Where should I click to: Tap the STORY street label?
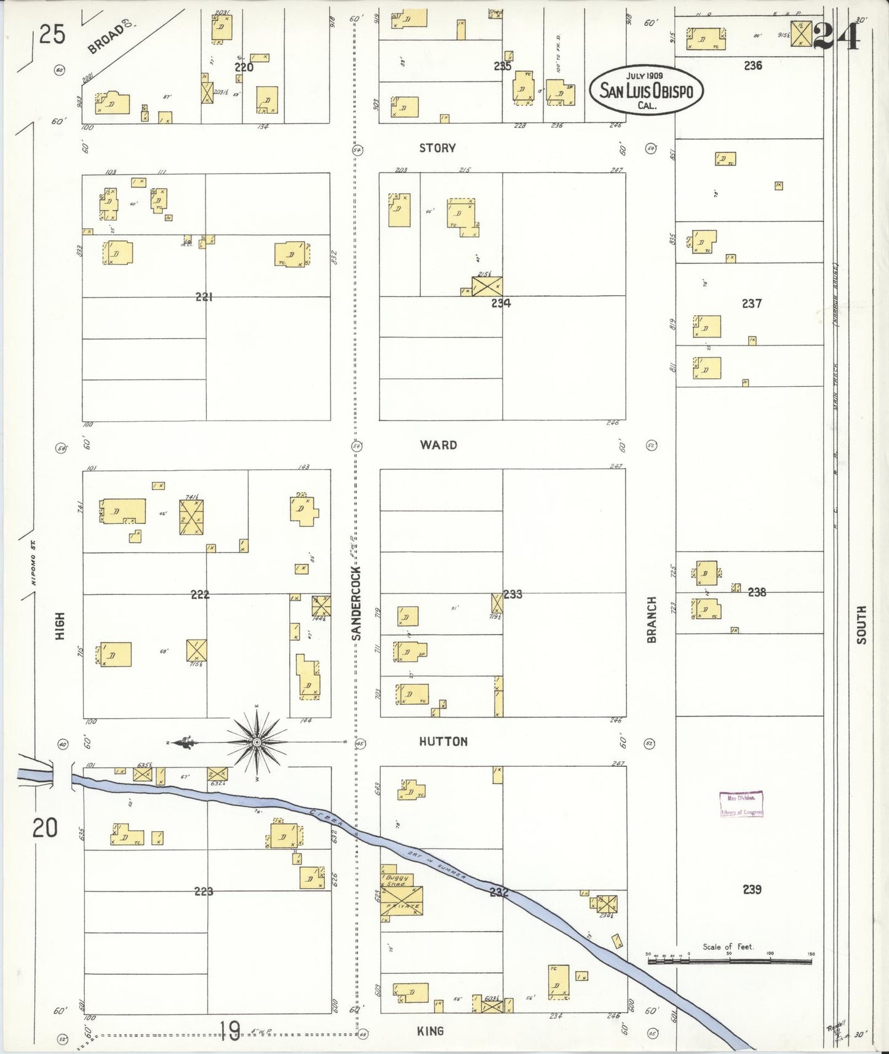[x=437, y=148]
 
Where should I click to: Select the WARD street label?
[x=438, y=445]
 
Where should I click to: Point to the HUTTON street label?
[x=443, y=742]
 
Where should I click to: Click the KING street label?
[x=430, y=1031]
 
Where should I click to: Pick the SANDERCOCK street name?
[x=357, y=604]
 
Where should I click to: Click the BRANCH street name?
[x=652, y=620]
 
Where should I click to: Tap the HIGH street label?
[x=60, y=626]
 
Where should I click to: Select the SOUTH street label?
[x=861, y=625]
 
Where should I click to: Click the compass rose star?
[x=257, y=742]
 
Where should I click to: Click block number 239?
[x=752, y=889]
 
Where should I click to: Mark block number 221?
[x=204, y=297]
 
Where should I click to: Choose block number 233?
[x=512, y=594]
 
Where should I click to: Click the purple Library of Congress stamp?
[x=741, y=804]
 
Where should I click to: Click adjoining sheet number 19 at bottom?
[x=230, y=1031]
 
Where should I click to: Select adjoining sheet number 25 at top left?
[x=52, y=35]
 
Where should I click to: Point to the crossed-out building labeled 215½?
[x=487, y=287]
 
